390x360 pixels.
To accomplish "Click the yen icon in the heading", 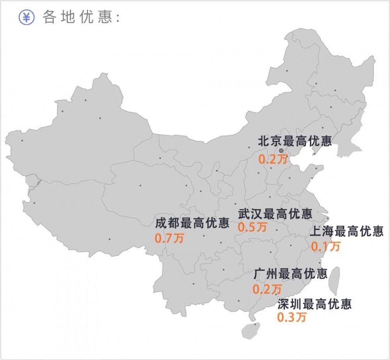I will (x=26, y=17).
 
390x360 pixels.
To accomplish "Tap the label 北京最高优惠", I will (x=295, y=141).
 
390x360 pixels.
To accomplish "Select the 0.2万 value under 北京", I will (x=273, y=159).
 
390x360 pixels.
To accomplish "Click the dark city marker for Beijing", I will (x=281, y=151).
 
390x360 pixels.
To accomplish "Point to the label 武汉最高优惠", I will (x=275, y=213).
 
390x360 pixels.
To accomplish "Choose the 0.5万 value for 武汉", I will (x=253, y=227).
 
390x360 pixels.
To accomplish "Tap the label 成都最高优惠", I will (x=192, y=223).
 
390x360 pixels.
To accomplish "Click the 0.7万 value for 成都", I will (x=169, y=238).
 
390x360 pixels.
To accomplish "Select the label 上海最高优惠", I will (x=347, y=232).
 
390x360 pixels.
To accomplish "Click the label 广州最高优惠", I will (x=290, y=274).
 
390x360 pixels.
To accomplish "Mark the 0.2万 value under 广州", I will (x=267, y=289).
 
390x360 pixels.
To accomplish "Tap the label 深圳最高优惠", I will (x=314, y=304).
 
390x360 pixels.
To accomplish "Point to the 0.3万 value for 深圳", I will (x=292, y=317).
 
